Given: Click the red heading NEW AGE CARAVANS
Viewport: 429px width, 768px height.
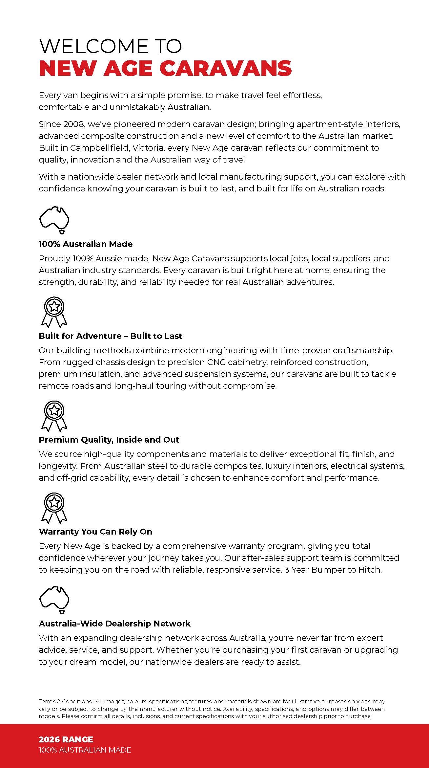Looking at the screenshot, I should point(165,68).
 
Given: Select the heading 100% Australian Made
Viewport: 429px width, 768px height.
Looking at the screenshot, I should point(86,244).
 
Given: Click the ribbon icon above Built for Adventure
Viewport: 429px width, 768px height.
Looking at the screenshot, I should point(54,312).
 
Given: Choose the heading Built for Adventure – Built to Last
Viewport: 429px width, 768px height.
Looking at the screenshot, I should point(110,336).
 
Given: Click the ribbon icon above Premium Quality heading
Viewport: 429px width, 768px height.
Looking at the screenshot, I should point(54,416).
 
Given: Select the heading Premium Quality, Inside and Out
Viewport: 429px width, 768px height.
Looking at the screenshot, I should point(109,440).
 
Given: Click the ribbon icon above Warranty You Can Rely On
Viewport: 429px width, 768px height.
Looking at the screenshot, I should point(54,508).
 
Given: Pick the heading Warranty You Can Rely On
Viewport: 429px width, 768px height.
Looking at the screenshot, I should point(95,532).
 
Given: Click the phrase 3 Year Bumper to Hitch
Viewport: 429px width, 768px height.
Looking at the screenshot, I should point(333,570).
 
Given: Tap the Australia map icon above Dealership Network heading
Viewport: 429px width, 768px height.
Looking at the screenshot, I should point(54,600).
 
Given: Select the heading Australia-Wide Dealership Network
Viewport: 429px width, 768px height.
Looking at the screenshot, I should point(114,624).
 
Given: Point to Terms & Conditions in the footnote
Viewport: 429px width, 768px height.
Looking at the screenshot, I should point(65,701).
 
